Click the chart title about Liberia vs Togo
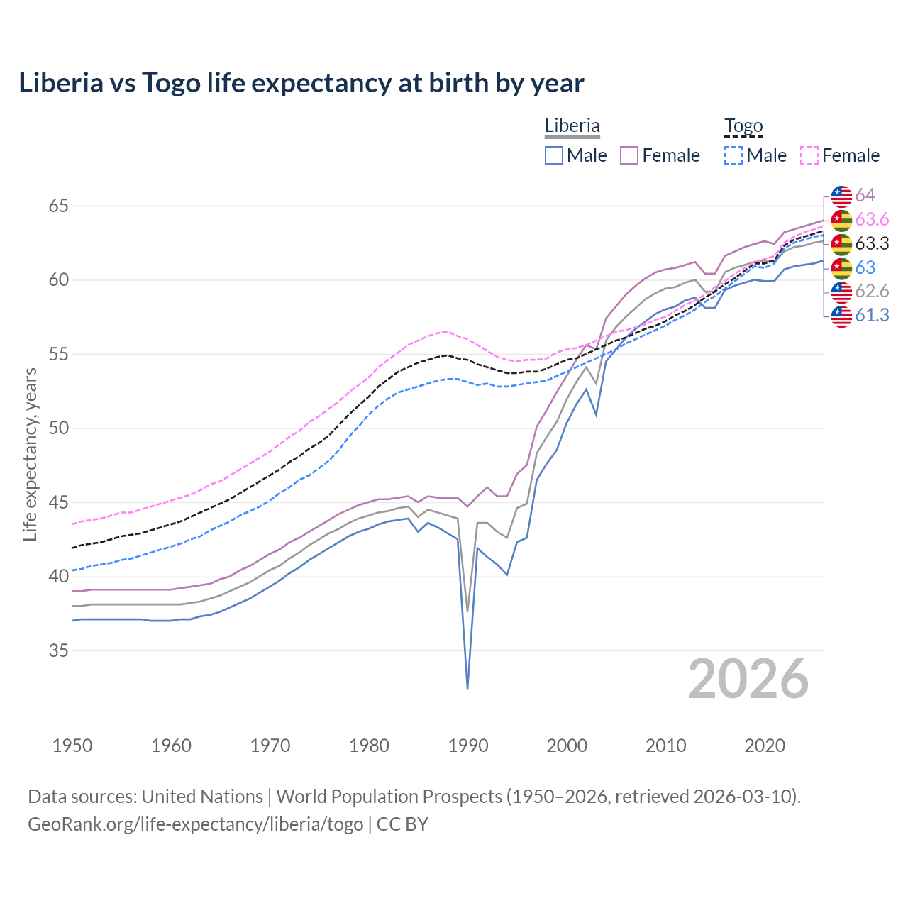tap(301, 83)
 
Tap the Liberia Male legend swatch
tap(554, 155)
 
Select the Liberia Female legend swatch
tap(629, 155)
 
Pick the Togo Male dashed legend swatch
tap(733, 155)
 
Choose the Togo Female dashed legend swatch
tap(809, 155)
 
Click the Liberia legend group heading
tap(572, 126)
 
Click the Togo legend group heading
tap(743, 126)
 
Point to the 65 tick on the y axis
tap(58, 206)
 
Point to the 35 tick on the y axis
tap(58, 650)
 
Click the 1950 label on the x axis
tap(72, 746)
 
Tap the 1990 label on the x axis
tap(468, 746)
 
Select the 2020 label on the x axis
tap(765, 746)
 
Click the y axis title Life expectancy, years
tap(30, 454)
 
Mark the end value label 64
tap(865, 195)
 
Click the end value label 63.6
tap(872, 219)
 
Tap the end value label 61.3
tap(872, 315)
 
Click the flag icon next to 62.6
tap(841, 292)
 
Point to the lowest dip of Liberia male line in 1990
tap(467, 687)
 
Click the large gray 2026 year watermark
tap(748, 679)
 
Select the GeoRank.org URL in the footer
tap(195, 824)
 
